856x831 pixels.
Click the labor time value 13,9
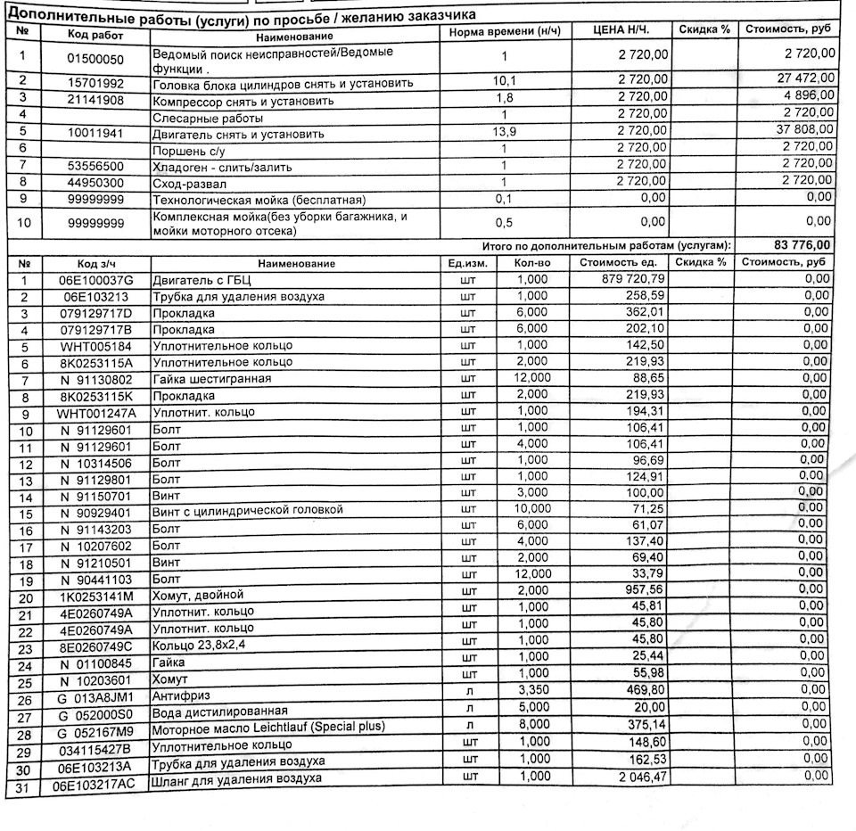pyautogui.click(x=505, y=133)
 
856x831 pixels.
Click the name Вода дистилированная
pyautogui.click(x=219, y=712)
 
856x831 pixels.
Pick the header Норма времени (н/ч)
pyautogui.click(x=506, y=31)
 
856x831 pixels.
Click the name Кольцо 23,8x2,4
pyautogui.click(x=200, y=646)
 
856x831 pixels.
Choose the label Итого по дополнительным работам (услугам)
pyautogui.click(x=606, y=245)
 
